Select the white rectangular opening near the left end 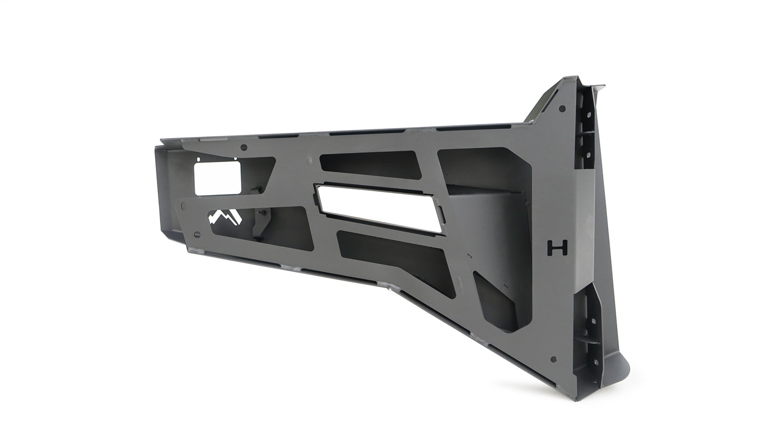(x=217, y=176)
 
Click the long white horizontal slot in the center (x=378, y=203)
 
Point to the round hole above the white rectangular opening (x=243, y=148)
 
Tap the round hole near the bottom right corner (x=553, y=359)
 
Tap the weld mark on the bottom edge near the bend (x=391, y=291)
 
